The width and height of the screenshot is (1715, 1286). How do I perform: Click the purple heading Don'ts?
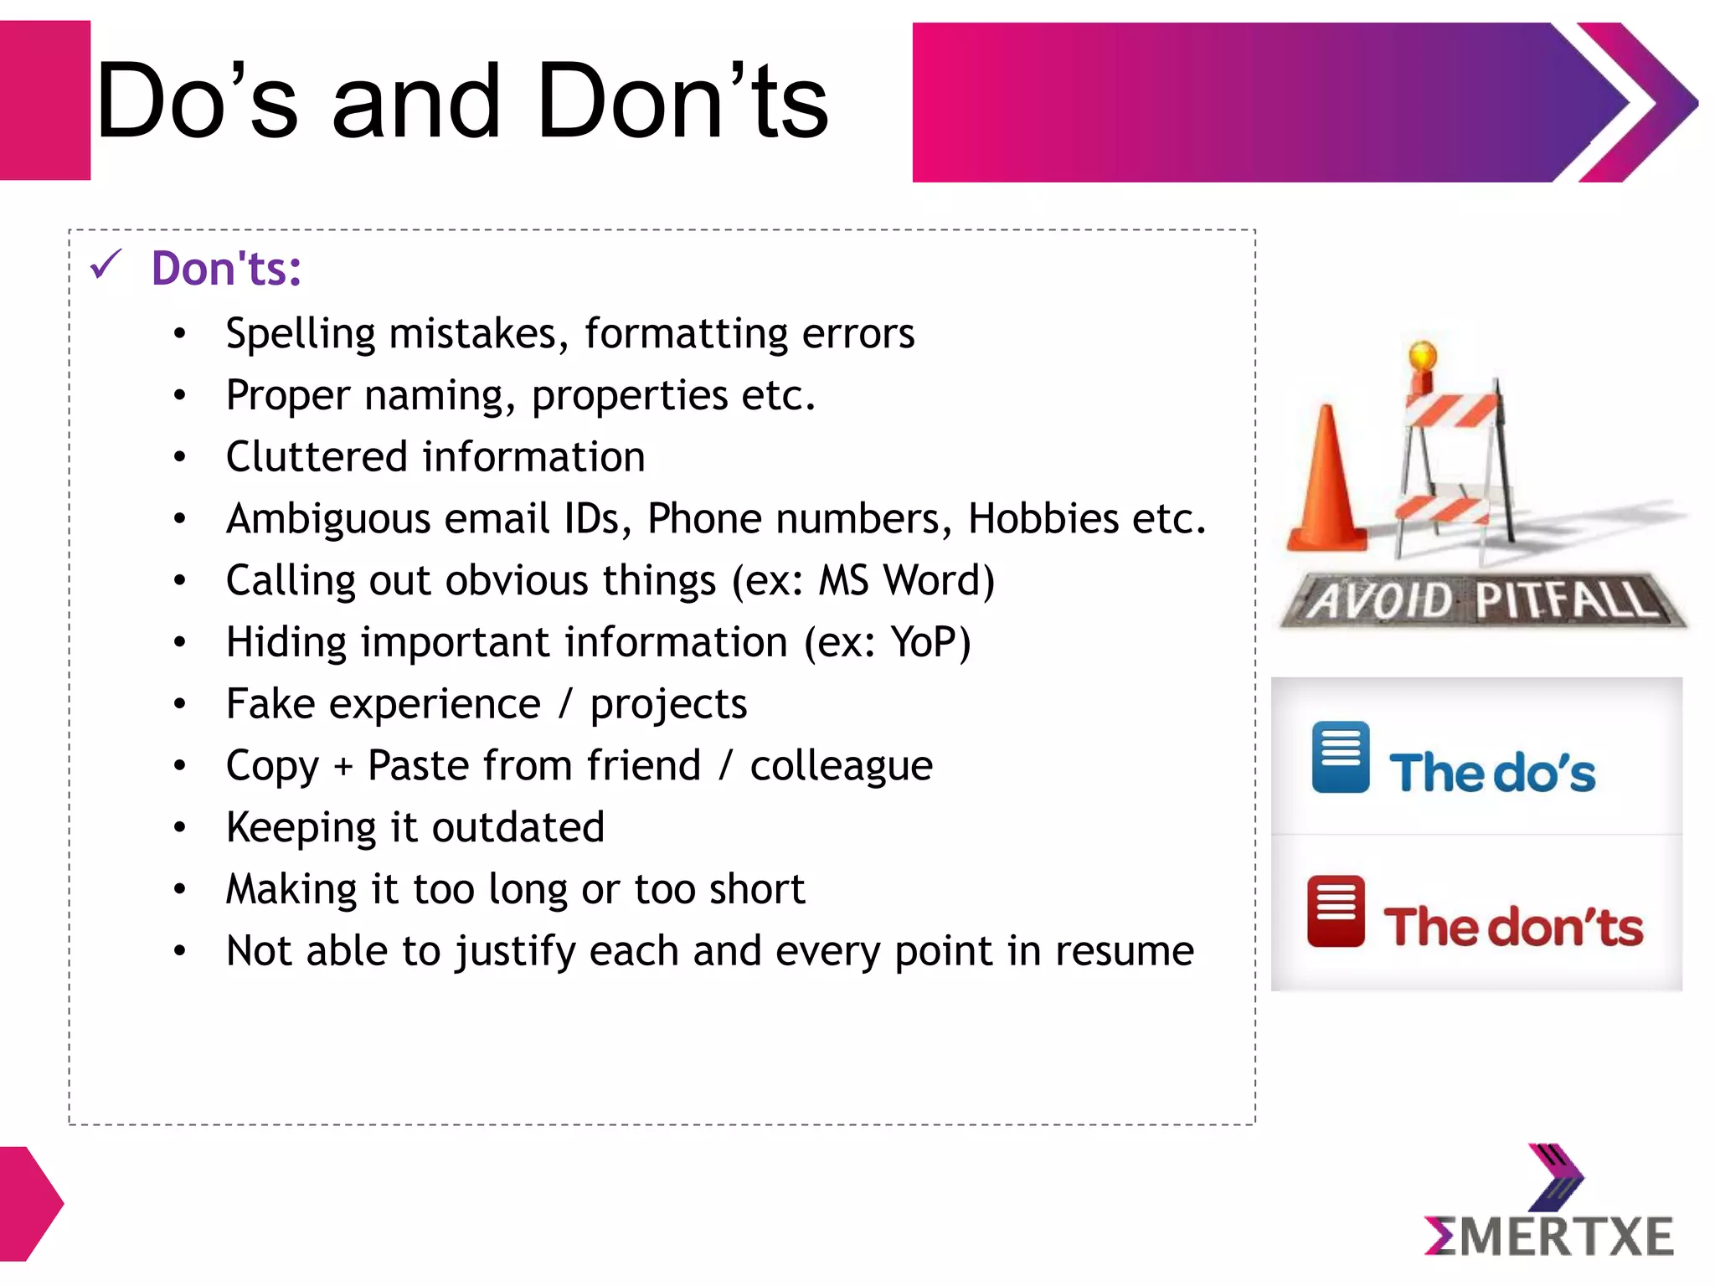226,269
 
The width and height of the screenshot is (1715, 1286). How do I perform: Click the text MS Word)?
906,581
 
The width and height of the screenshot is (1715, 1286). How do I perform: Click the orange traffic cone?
1326,486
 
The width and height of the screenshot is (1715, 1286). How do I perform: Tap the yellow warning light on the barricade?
1423,356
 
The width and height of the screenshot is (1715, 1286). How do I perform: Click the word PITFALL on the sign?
1563,599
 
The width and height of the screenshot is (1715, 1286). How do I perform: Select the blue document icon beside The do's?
1340,757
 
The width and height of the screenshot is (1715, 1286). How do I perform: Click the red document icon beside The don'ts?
1336,911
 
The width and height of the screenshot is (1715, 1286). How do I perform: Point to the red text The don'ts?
1512,927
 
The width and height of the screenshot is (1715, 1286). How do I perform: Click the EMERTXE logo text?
1550,1237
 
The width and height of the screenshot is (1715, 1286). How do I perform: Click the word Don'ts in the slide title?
682,102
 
